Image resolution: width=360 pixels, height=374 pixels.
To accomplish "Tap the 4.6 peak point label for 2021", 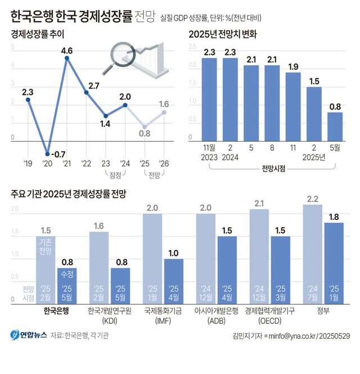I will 67,51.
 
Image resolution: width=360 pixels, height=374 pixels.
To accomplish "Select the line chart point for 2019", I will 28,100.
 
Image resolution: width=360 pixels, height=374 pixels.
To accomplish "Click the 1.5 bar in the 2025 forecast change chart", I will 314,114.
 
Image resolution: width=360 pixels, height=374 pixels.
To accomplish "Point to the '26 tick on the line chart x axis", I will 164,164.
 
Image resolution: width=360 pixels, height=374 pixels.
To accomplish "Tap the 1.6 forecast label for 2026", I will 164,104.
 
